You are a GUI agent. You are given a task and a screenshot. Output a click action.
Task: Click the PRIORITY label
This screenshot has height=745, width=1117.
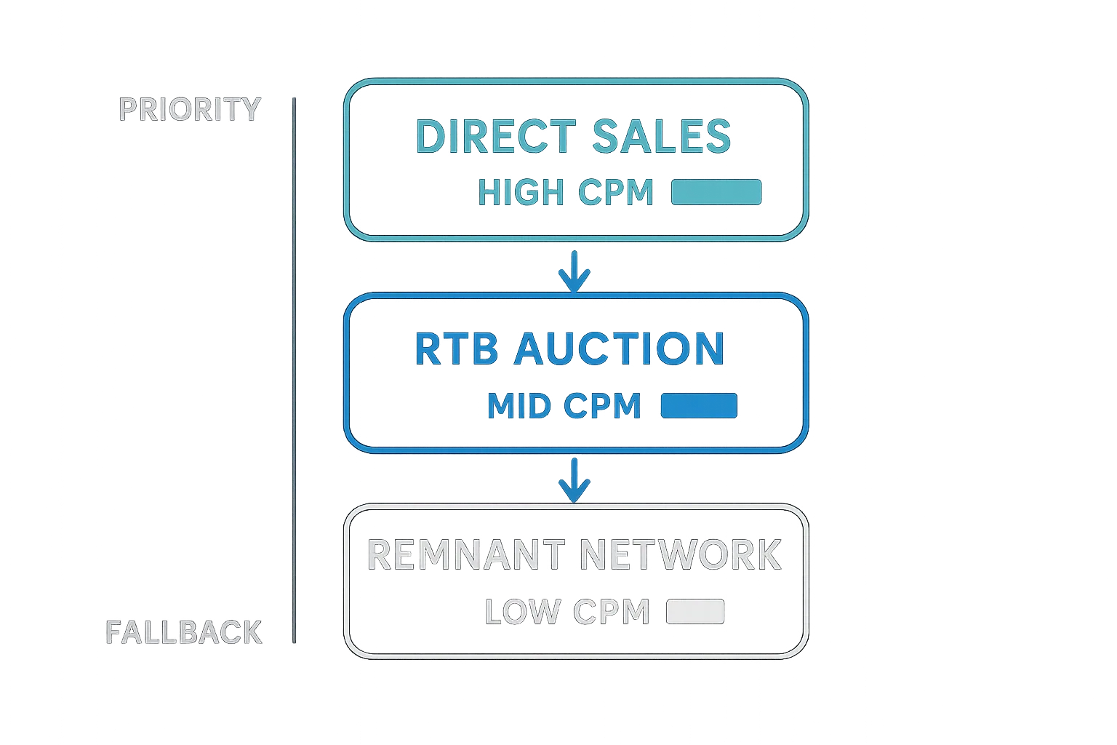189,109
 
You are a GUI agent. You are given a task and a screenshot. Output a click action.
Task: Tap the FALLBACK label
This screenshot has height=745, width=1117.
183,632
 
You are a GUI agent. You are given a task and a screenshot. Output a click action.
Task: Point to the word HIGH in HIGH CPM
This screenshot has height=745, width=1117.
521,192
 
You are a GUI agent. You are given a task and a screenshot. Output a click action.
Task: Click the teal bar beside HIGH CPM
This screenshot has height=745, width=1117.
716,192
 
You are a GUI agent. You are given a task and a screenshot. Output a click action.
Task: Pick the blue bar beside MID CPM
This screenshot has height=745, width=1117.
698,405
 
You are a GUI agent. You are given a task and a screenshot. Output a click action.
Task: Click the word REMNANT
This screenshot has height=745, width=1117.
465,554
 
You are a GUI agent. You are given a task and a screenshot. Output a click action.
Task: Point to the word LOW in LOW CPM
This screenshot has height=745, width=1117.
522,611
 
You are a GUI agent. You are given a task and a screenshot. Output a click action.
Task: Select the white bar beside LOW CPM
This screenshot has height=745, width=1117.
695,611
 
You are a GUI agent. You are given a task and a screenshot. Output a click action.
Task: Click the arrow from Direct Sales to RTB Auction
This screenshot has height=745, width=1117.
574,271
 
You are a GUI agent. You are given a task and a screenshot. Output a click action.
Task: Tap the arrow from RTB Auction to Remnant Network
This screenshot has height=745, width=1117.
574,479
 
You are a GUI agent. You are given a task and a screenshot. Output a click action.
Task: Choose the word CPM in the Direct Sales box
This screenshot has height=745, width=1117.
617,192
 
